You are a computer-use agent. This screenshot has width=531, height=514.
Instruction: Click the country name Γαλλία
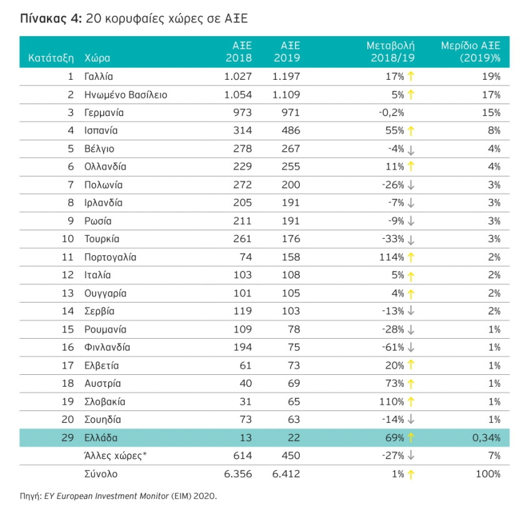(x=99, y=77)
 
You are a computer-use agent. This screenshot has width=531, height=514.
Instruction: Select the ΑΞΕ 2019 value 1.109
(x=286, y=95)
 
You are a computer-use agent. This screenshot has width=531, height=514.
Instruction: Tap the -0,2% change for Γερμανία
(x=391, y=113)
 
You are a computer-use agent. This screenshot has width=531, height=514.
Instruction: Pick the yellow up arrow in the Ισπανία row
(x=411, y=131)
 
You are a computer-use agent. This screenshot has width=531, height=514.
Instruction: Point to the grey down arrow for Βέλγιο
(x=411, y=150)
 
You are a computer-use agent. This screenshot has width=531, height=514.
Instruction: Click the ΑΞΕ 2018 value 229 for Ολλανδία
(x=242, y=167)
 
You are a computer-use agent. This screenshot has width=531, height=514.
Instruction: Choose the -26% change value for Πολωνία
(x=393, y=185)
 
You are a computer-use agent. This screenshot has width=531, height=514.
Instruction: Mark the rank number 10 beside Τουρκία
(x=67, y=239)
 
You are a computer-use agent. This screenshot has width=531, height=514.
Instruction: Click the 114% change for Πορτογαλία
(x=392, y=258)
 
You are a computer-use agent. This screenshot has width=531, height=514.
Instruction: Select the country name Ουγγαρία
(x=106, y=293)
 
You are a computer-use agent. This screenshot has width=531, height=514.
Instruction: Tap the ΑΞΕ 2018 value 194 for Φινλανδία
(x=243, y=347)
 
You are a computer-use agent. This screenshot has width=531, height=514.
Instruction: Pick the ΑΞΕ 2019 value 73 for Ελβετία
(x=294, y=366)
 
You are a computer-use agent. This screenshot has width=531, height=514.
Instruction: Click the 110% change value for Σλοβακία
(x=392, y=402)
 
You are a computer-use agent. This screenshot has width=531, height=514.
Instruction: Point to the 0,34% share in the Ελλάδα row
(x=486, y=438)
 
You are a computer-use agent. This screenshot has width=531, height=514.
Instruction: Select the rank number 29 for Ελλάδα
(x=67, y=437)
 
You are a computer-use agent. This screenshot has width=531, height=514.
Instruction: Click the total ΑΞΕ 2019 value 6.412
(x=286, y=473)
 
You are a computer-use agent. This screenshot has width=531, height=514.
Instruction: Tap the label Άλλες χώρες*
(x=115, y=456)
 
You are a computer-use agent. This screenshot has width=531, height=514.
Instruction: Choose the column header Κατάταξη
(x=51, y=58)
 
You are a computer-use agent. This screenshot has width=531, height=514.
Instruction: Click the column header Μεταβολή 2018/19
(x=391, y=52)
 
